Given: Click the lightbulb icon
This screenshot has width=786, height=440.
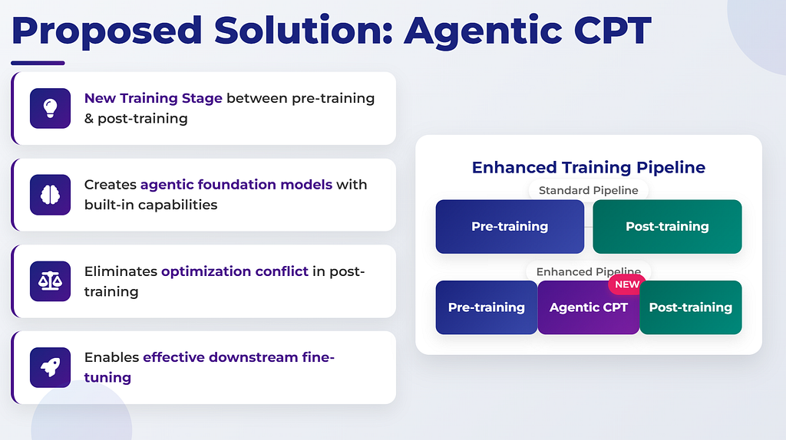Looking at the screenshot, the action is click(50, 108).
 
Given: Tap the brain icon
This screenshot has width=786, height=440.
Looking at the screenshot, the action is click(50, 195).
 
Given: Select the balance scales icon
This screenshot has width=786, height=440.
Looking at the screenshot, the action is click(50, 281).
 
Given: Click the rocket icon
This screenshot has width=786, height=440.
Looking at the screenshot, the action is click(50, 367).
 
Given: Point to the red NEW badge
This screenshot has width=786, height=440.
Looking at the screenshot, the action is click(626, 284).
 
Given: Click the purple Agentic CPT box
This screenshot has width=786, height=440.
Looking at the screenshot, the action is click(589, 307).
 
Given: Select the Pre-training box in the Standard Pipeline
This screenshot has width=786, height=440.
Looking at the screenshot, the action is click(510, 227).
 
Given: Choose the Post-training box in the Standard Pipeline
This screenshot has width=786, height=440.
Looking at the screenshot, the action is click(667, 227).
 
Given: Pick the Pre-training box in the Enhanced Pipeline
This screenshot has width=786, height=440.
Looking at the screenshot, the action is click(486, 307).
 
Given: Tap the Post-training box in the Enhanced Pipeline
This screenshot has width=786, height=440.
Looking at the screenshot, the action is click(691, 307).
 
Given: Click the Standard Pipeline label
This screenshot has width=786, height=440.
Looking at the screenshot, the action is click(589, 190).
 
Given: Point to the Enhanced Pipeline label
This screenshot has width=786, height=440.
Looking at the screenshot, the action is click(589, 271).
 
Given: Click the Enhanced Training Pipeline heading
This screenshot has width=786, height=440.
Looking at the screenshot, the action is click(589, 167).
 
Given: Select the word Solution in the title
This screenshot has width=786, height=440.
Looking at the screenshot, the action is click(303, 31).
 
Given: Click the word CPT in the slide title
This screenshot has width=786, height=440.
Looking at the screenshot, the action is click(612, 31).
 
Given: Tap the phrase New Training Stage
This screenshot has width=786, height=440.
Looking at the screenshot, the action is click(153, 98).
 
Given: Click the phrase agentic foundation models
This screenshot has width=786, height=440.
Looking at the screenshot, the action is click(236, 185).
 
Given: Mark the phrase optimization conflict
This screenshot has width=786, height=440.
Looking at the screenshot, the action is click(235, 271).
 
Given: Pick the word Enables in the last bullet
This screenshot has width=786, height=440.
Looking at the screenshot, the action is click(111, 357).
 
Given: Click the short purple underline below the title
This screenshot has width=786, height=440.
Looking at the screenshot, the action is click(38, 63).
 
